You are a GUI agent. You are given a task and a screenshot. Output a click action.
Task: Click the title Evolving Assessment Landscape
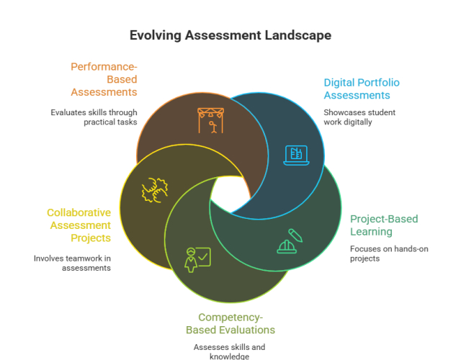click(230, 35)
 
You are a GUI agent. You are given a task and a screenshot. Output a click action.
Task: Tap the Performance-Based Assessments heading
click(104, 79)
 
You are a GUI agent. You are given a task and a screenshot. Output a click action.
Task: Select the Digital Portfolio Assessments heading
click(361, 89)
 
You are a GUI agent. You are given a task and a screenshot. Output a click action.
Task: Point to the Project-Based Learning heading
click(383, 225)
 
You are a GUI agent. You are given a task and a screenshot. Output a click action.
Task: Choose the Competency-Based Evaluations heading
click(230, 323)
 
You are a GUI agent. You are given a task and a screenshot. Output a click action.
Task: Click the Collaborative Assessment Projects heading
click(79, 225)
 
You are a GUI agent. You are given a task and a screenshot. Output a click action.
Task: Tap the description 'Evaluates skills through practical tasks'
click(94, 117)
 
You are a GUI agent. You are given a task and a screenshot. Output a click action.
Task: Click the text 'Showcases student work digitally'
click(359, 117)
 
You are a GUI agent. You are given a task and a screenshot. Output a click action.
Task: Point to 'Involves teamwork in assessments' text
click(72, 263)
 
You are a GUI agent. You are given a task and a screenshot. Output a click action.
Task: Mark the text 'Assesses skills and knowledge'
click(229, 351)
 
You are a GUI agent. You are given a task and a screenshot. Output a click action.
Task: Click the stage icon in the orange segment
click(210, 120)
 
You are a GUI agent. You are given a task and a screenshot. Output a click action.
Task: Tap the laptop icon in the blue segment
click(296, 154)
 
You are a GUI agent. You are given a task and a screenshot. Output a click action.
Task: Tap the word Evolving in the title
click(154, 35)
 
